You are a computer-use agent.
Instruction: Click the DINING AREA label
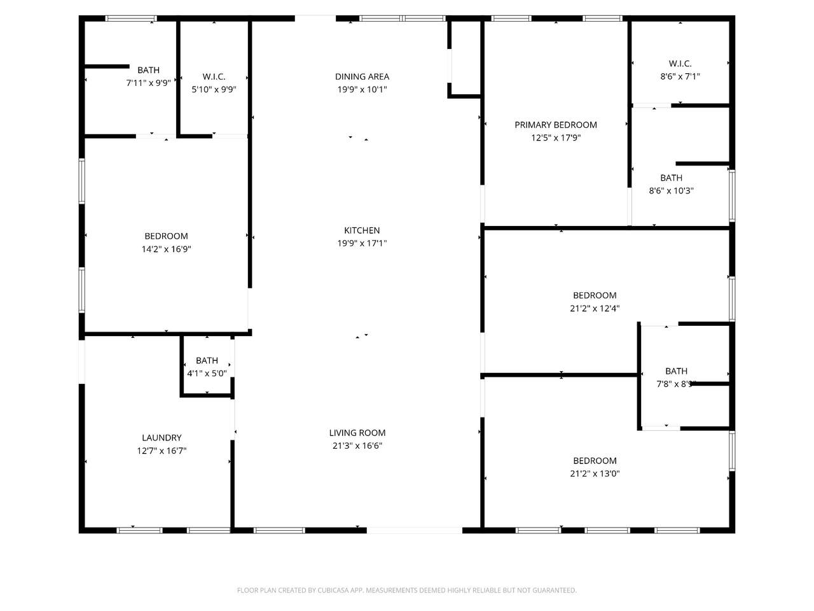pyautogui.click(x=362, y=76)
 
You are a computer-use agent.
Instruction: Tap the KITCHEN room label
pyautogui.click(x=362, y=230)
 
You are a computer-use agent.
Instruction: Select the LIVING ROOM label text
pyautogui.click(x=357, y=433)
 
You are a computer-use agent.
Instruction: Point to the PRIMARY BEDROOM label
pyautogui.click(x=556, y=125)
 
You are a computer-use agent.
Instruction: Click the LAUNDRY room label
pyautogui.click(x=162, y=438)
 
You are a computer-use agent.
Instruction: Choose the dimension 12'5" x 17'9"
pyautogui.click(x=556, y=138)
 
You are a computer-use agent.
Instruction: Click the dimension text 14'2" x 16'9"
pyautogui.click(x=166, y=249)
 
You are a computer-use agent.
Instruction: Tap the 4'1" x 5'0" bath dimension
pyautogui.click(x=207, y=373)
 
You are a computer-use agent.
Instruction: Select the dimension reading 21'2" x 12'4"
pyautogui.click(x=595, y=308)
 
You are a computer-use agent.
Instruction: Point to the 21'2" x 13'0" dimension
pyautogui.click(x=595, y=474)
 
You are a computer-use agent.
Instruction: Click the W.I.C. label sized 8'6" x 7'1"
pyautogui.click(x=680, y=64)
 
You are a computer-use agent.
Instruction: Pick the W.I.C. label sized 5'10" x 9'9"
pyautogui.click(x=214, y=76)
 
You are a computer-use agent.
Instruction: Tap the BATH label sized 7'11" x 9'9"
pyautogui.click(x=148, y=70)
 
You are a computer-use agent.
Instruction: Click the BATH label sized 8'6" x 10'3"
pyautogui.click(x=671, y=178)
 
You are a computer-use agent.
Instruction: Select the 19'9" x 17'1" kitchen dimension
pyautogui.click(x=362, y=243)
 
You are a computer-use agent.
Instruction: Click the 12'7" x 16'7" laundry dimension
pyautogui.click(x=162, y=451)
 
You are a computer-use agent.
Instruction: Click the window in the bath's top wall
pyautogui.click(x=130, y=18)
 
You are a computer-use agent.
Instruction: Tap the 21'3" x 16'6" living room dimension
pyautogui.click(x=357, y=446)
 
